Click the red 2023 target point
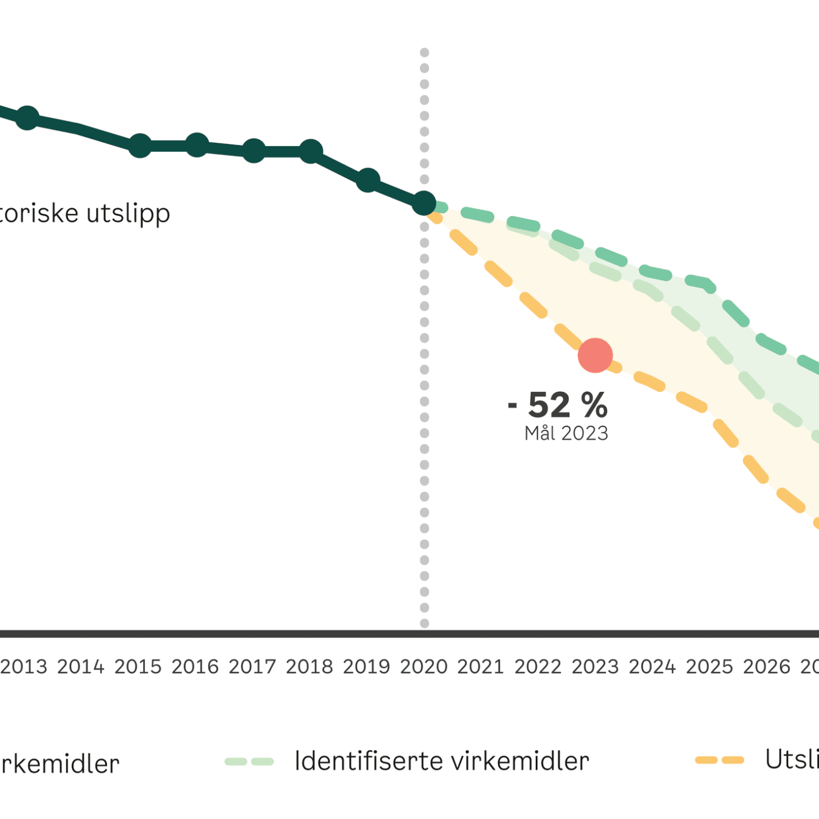[x=595, y=355]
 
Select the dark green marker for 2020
[x=424, y=202]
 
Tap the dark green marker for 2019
[x=367, y=180]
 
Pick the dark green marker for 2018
[x=311, y=151]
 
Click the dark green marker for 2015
[x=140, y=146]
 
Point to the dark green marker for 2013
[x=27, y=118]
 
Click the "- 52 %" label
[x=558, y=405]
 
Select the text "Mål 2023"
[x=566, y=433]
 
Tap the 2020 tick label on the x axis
[x=424, y=667]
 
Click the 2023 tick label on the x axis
[x=595, y=667]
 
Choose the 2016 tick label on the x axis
[x=195, y=667]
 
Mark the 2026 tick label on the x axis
[x=767, y=667]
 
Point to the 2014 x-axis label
[x=81, y=667]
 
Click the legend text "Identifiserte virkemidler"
[x=441, y=761]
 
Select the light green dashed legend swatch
[x=249, y=762]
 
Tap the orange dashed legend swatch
[x=719, y=760]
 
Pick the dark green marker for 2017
[x=254, y=151]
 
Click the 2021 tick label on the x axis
[x=481, y=667]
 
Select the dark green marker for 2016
[x=197, y=145]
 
